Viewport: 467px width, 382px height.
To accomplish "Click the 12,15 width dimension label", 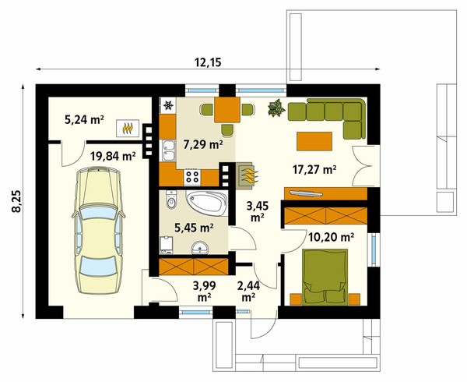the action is click(208, 62).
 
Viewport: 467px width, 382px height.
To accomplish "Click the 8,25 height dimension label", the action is click(17, 201).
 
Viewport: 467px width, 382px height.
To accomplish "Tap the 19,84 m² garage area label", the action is click(113, 156).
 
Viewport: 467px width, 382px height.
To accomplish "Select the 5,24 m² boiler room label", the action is click(84, 119).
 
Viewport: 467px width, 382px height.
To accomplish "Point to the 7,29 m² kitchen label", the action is click(203, 145).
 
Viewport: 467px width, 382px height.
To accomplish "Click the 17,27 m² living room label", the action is click(314, 170).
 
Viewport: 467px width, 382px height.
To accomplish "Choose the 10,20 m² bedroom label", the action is click(332, 237).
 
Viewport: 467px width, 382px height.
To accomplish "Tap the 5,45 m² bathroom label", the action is click(194, 228).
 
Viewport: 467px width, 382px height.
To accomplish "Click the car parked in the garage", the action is click(98, 231).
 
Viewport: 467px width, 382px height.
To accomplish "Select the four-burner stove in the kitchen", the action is click(192, 177).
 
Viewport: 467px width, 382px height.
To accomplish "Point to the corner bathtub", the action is click(207, 203).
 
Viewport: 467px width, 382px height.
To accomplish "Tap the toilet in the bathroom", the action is click(171, 200).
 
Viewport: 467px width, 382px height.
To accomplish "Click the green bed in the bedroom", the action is click(325, 278).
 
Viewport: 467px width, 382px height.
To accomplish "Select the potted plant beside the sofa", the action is click(276, 108).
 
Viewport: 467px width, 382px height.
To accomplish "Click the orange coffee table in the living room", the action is click(314, 141).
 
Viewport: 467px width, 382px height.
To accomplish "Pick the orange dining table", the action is click(227, 110).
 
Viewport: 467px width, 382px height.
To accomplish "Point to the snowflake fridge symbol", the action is click(169, 105).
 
